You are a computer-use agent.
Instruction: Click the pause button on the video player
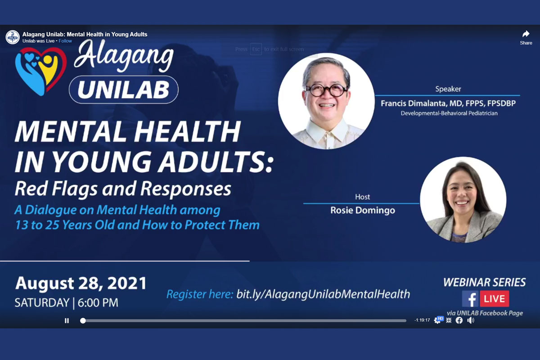(67, 320)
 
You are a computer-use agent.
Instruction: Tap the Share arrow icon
(526, 34)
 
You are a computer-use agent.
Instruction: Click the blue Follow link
(65, 41)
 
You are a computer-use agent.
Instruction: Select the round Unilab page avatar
(13, 37)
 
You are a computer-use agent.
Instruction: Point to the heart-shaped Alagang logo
(40, 71)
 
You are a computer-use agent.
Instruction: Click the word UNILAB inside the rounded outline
(123, 90)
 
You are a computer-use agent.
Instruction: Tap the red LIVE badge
(495, 299)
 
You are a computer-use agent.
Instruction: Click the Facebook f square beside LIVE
(470, 299)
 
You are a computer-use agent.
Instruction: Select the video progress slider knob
(83, 320)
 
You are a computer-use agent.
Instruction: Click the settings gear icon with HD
(438, 320)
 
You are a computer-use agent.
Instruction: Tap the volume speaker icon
(471, 320)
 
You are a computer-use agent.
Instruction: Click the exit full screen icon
(449, 320)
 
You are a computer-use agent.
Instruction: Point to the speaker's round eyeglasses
(327, 90)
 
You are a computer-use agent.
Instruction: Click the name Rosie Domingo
(363, 210)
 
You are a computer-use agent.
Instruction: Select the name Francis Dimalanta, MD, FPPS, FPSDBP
(448, 103)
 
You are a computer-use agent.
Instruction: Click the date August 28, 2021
(81, 283)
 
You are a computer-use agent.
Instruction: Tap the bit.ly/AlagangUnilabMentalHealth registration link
(323, 294)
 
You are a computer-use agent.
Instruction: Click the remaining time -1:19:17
(422, 320)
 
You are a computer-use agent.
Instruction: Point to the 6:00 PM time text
(98, 302)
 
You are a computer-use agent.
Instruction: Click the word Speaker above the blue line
(448, 89)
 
